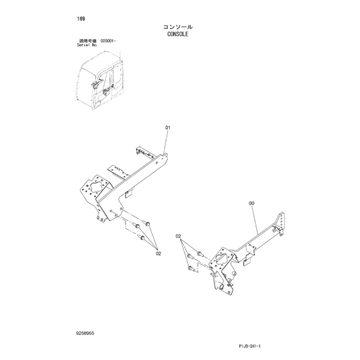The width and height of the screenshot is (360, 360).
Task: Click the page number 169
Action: coord(81,19)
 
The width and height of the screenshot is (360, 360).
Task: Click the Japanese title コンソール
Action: coord(178,27)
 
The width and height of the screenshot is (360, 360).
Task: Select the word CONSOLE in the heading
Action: coord(178,34)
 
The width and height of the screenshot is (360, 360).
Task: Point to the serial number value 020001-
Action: coord(108,41)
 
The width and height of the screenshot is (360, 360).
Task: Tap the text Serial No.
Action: coord(87,45)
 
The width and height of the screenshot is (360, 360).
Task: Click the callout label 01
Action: coord(168,127)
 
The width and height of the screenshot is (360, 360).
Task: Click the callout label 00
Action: coord(251,203)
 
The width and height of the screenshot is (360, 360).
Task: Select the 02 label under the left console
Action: coord(158,253)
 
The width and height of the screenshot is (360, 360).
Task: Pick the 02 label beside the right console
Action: coord(178,236)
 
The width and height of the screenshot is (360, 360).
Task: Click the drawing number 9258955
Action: coord(85,333)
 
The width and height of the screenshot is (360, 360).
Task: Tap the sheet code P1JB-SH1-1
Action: coord(250,346)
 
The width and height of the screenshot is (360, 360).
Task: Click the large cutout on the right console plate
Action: coord(221,258)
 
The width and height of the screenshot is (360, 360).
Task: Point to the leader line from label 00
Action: coord(254,220)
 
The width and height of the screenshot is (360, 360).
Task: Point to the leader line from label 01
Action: coord(166,142)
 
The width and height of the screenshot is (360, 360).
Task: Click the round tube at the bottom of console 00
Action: coord(222,287)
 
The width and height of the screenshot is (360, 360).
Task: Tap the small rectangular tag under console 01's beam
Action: coord(128,194)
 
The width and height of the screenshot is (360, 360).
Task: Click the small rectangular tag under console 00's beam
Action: coord(247,262)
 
